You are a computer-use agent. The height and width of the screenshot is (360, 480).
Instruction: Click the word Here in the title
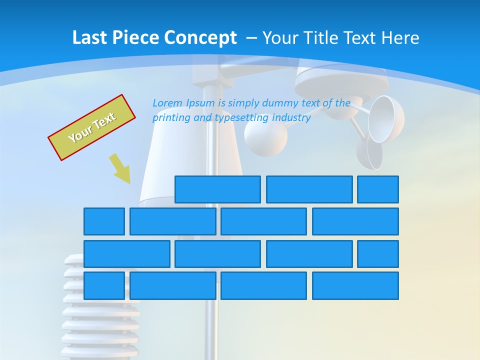[x=400, y=38]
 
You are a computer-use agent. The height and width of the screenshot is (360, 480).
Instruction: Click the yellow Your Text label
[x=92, y=127]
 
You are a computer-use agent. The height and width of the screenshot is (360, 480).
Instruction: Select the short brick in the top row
[x=378, y=189]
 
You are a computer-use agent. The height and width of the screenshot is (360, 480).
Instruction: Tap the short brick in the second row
[x=104, y=221]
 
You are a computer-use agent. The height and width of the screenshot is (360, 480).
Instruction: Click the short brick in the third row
[x=378, y=254]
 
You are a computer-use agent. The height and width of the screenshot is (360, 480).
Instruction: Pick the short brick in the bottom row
[x=104, y=286]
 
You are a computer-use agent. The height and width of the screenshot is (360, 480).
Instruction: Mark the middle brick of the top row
[x=309, y=189]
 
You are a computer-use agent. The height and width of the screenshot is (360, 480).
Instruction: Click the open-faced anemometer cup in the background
[x=386, y=120]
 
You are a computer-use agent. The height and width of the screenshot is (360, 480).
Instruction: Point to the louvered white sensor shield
[x=100, y=310]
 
